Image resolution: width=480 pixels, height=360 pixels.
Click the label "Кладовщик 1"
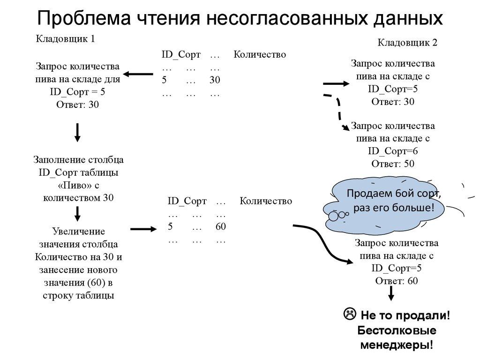pos(66,39)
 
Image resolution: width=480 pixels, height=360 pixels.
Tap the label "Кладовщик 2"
pos(407,43)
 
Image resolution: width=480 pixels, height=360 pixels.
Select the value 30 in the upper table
pos(215,80)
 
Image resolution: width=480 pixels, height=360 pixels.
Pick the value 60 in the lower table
pos(221,226)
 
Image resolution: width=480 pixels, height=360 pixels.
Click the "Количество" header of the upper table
pos(260,55)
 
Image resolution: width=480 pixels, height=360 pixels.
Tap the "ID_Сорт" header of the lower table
pos(187,201)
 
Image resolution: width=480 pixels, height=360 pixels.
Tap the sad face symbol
pos(349,314)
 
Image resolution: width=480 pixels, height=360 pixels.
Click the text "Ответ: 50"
pos(393,164)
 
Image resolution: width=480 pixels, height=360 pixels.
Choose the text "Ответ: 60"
pos(397,281)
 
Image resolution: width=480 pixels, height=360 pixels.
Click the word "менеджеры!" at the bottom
pos(396,345)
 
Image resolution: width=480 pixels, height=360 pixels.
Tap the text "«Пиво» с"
pos(78,185)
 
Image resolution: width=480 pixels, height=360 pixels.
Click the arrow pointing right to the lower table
pos(142,229)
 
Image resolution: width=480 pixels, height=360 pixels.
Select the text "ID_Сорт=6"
pos(393,151)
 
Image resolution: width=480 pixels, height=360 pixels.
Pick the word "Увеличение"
pos(78,232)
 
